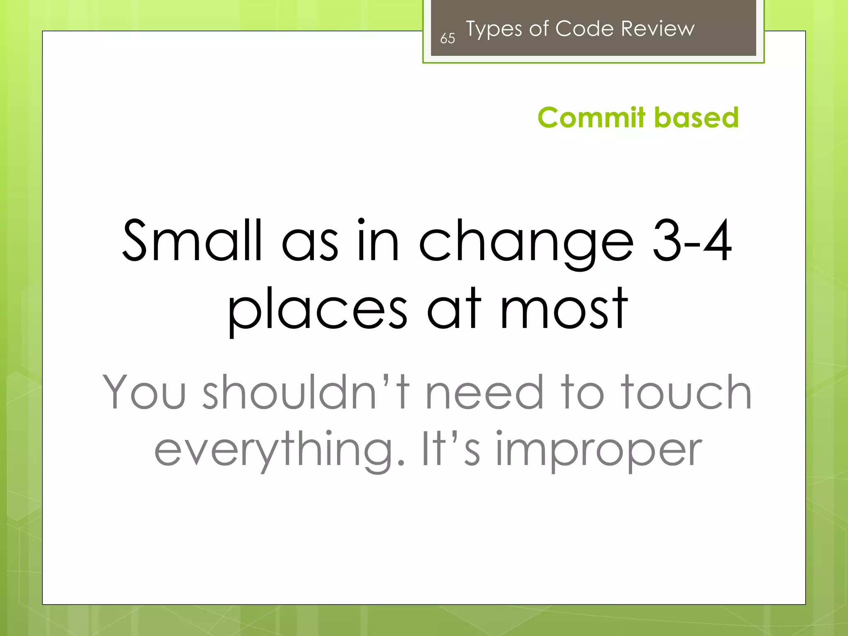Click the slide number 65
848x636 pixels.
[x=447, y=39]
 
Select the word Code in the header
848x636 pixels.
[x=584, y=29]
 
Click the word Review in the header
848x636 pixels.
[x=658, y=29]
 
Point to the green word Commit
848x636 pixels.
[x=592, y=118]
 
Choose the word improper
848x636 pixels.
[x=599, y=451]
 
